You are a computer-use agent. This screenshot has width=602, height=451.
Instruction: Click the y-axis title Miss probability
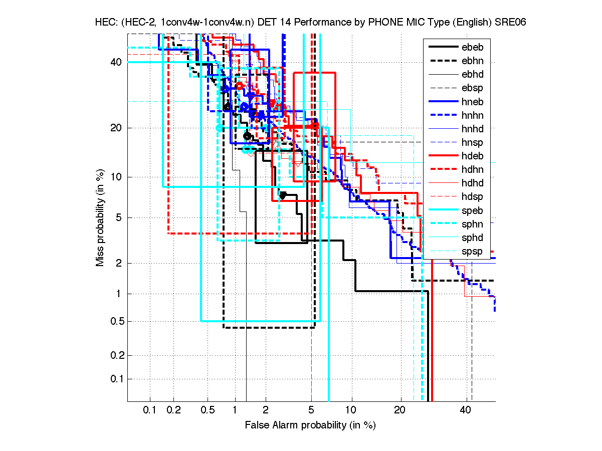(100, 217)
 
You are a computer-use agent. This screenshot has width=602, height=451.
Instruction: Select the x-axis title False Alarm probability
(310, 425)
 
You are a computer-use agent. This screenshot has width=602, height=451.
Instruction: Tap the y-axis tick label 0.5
(116, 321)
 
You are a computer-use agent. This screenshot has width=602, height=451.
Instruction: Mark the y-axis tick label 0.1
(116, 379)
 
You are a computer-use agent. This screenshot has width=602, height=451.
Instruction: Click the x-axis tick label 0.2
(174, 410)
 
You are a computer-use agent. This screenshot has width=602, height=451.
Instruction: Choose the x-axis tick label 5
(311, 410)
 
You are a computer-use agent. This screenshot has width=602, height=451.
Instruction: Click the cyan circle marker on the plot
(219, 128)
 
